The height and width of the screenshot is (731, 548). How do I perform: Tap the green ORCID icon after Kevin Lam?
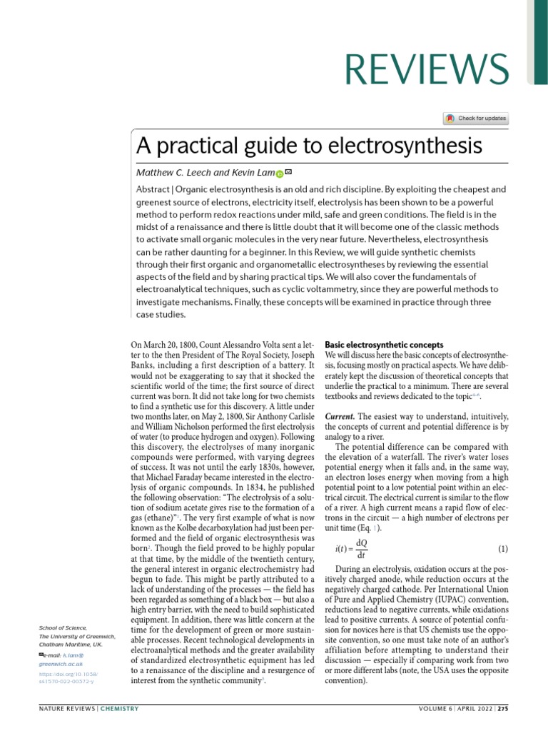coord(280,174)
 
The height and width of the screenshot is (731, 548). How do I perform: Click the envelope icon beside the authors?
coord(288,173)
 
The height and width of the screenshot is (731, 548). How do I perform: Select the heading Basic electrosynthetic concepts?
coord(384,345)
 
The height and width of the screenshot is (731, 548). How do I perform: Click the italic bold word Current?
coord(340,416)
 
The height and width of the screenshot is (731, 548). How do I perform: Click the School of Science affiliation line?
coord(63,627)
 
